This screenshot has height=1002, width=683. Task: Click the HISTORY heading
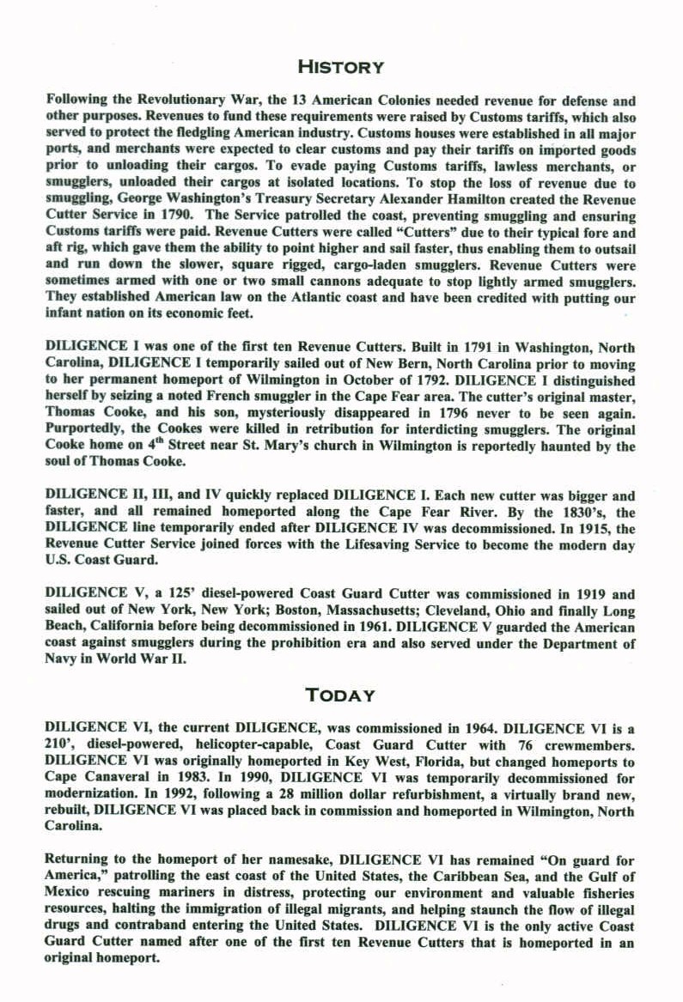[x=340, y=66]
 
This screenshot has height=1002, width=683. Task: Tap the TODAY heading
[x=340, y=695]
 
